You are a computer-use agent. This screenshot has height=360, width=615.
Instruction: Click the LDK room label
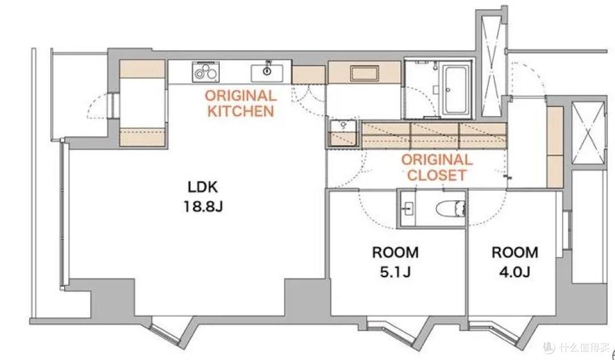[203, 187]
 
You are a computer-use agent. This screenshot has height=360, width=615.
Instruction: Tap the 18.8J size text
[203, 206]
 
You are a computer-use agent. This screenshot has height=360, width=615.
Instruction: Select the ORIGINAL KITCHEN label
[240, 103]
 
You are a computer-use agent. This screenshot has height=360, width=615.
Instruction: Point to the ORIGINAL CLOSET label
[437, 167]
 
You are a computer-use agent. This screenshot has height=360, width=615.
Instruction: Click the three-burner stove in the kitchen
[206, 72]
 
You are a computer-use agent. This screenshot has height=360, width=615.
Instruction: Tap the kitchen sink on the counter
[266, 72]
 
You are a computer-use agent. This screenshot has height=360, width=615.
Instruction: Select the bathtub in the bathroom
[457, 89]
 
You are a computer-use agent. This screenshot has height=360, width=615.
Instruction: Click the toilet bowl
[450, 208]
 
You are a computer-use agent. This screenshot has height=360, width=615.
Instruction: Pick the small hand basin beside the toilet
[408, 208]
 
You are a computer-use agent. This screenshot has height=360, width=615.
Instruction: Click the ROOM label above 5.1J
[395, 252]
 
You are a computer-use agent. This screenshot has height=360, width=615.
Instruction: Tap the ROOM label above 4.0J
[515, 252]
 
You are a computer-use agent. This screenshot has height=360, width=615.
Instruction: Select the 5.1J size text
[395, 272]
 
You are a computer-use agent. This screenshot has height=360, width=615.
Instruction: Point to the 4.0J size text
[515, 272]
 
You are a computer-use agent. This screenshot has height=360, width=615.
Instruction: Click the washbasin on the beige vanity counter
[365, 73]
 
